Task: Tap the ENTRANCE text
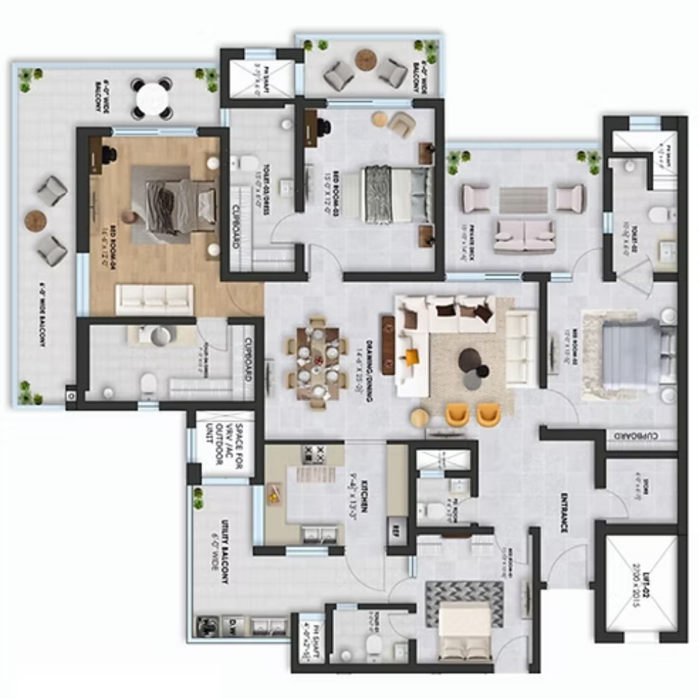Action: click(563, 514)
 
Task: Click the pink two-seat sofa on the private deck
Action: click(524, 236)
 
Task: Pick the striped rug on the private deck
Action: click(523, 201)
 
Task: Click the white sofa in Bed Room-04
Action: click(154, 298)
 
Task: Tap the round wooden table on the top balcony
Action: click(366, 59)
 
